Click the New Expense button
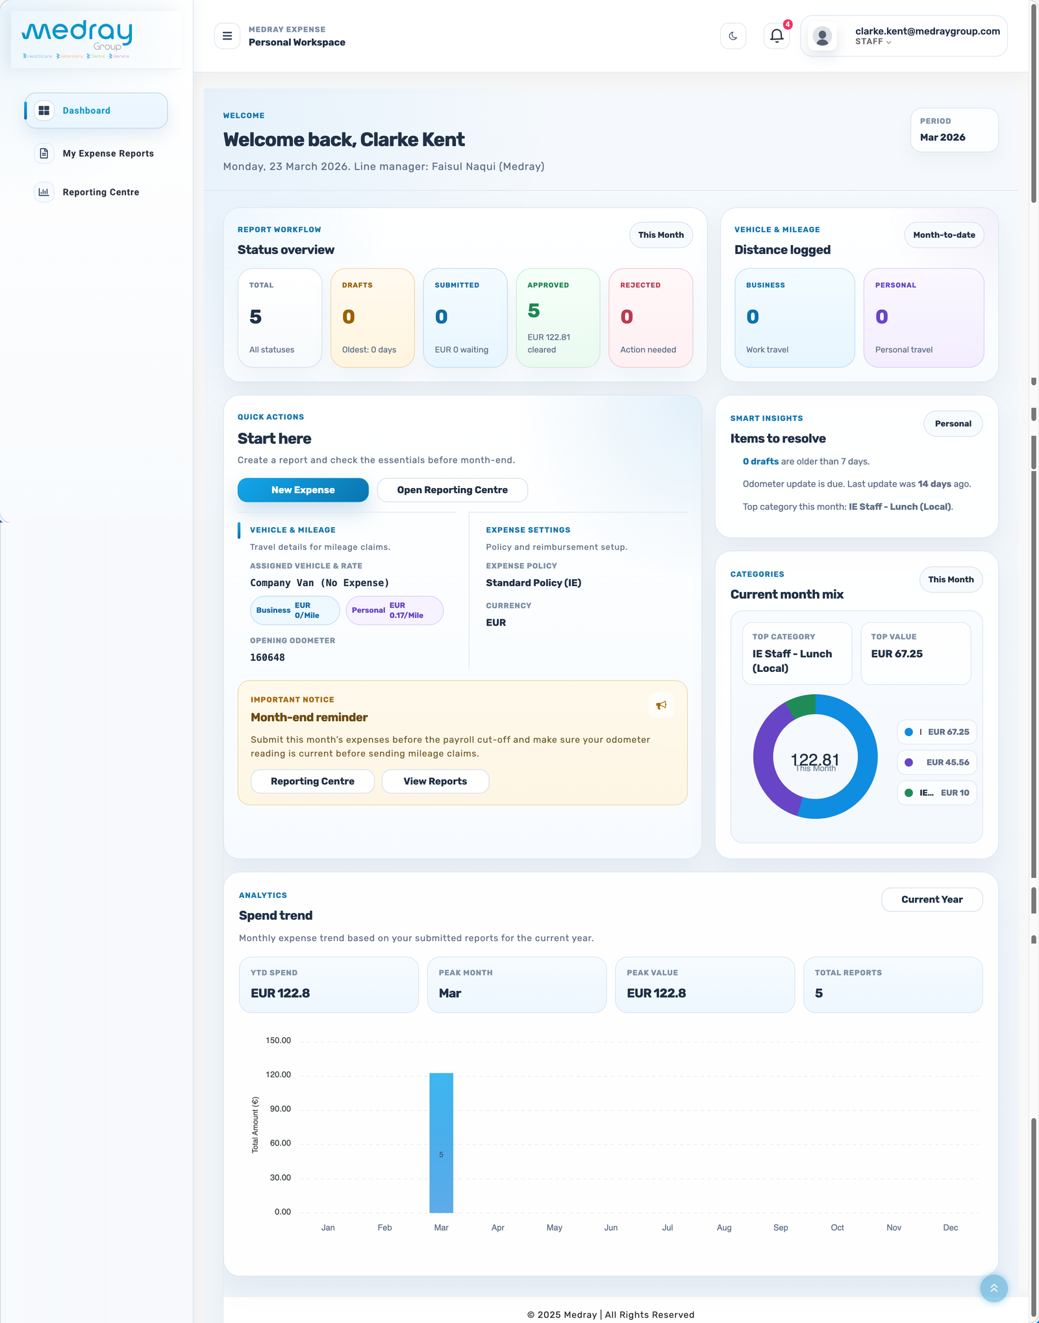[x=303, y=490]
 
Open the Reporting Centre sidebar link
[x=101, y=192]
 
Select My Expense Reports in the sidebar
[x=108, y=153]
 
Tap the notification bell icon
[x=777, y=36]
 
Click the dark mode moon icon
[x=733, y=36]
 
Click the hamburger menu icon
[x=227, y=36]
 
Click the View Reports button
[x=435, y=781]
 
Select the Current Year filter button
[x=931, y=899]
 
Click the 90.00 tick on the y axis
[x=281, y=1109]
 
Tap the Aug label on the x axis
[x=724, y=1227]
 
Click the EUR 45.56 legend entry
[x=937, y=762]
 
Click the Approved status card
[x=558, y=318]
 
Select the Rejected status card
[x=651, y=318]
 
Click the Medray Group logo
[x=77, y=39]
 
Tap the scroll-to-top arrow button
[x=994, y=1288]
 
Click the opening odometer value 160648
[x=268, y=658]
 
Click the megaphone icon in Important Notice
[x=661, y=705]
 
